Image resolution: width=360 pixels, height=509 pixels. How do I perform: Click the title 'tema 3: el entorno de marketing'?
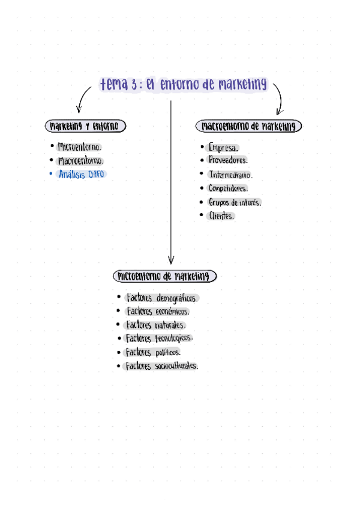click(x=183, y=85)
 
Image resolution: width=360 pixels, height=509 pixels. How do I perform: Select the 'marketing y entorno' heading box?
click(x=86, y=126)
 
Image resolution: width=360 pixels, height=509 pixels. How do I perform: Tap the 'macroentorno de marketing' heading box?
click(x=248, y=126)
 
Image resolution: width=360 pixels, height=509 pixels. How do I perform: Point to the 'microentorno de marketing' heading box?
click(x=164, y=276)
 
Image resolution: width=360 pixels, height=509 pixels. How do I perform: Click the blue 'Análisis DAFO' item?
click(x=82, y=175)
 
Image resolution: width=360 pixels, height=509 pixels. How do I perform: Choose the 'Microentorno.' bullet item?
click(x=79, y=146)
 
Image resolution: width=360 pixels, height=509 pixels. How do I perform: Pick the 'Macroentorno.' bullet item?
click(x=80, y=161)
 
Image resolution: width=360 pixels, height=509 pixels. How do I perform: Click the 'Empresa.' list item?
click(x=223, y=147)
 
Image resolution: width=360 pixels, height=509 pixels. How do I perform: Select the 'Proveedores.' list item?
click(x=227, y=160)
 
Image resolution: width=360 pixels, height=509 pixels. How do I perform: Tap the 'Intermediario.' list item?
click(x=230, y=175)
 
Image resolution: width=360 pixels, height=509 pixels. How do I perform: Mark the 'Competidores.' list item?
click(x=227, y=188)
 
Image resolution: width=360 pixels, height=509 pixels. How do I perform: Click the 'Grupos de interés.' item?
click(x=235, y=202)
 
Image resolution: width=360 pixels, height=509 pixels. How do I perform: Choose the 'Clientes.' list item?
click(x=220, y=216)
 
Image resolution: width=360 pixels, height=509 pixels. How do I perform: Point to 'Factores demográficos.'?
click(x=162, y=298)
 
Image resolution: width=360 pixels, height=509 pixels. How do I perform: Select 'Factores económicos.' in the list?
click(x=158, y=312)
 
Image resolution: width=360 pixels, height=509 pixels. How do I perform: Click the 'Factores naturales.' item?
click(x=155, y=325)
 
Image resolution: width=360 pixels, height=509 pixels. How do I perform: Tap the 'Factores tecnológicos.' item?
click(x=159, y=339)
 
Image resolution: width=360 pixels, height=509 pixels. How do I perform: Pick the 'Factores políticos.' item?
click(x=153, y=352)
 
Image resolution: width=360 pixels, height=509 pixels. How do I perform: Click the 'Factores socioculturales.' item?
click(x=161, y=366)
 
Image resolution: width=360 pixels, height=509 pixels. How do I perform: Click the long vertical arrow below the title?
click(x=171, y=180)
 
